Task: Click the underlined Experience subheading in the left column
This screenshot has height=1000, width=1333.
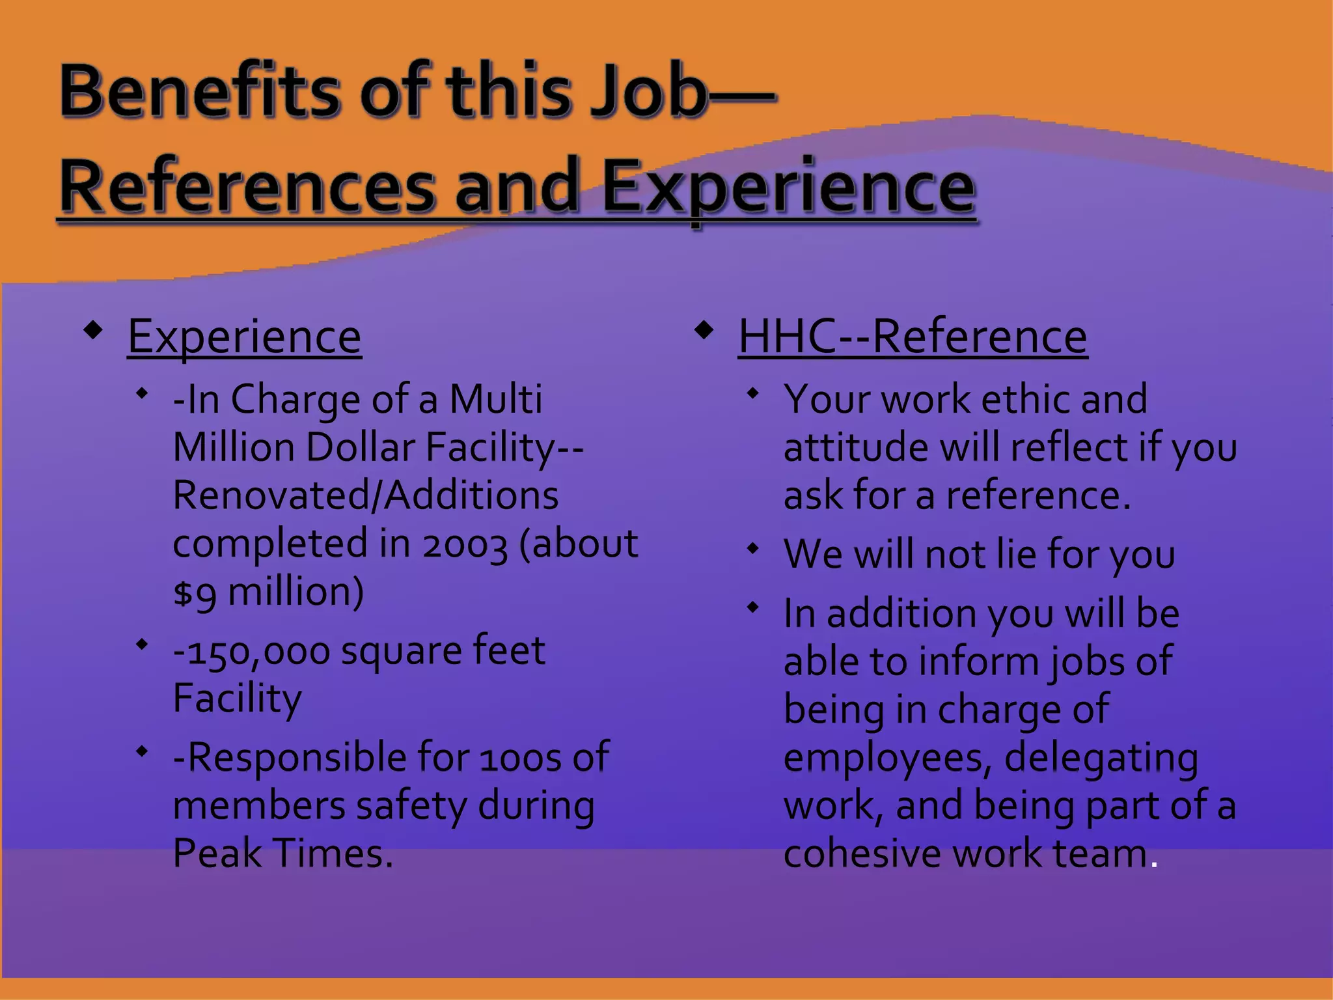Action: coord(244,337)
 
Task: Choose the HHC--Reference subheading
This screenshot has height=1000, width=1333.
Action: coord(913,337)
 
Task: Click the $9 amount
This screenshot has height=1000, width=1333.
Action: coord(194,592)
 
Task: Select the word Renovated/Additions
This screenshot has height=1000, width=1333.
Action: coord(365,495)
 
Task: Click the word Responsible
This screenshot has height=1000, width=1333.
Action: coord(295,758)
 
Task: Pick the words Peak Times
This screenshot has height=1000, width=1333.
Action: coord(282,853)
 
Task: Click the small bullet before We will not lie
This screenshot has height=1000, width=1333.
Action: coord(753,549)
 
